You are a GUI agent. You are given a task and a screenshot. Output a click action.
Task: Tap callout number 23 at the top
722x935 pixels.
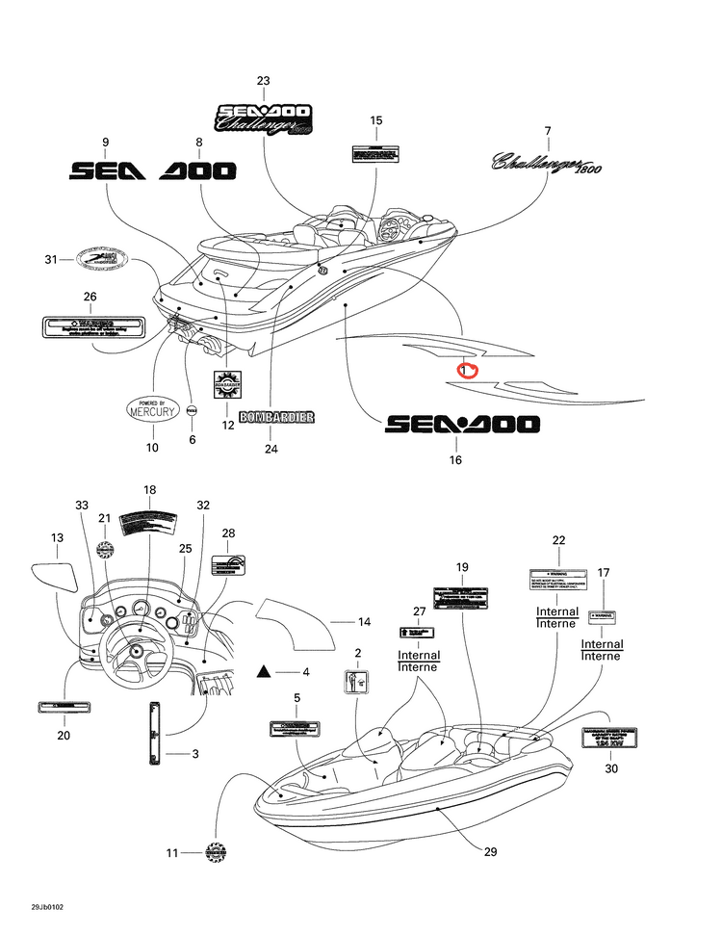(263, 81)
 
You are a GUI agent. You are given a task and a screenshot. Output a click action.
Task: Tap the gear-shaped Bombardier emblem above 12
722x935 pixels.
(228, 384)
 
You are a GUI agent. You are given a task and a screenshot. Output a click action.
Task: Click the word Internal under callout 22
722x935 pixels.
(556, 611)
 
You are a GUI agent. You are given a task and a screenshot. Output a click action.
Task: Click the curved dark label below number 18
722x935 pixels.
(148, 521)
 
